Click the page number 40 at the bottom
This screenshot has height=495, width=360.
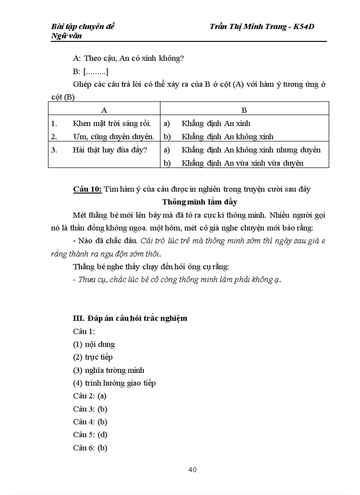point(192,469)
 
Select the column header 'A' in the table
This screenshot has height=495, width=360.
point(104,110)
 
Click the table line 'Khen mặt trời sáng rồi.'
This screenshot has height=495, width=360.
point(112,123)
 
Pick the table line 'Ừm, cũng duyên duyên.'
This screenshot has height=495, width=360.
point(113,137)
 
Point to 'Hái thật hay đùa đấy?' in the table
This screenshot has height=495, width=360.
point(110,150)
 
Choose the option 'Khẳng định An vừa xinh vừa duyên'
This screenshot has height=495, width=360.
point(242,163)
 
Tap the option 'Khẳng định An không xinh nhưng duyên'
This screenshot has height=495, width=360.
point(251,150)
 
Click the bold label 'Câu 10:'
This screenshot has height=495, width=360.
point(87,189)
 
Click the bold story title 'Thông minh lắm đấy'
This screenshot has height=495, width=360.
point(199,202)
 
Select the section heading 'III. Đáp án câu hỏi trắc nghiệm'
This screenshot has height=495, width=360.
point(130,318)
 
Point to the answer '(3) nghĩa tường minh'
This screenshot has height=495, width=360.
point(109,370)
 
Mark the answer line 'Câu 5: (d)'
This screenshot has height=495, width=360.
point(90,435)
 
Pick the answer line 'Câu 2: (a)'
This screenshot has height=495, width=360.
point(90,396)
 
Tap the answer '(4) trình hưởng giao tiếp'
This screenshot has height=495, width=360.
point(114,383)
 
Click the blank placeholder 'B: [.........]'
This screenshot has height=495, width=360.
point(91,71)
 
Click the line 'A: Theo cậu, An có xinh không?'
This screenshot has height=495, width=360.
point(128,58)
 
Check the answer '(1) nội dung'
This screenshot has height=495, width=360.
point(94,344)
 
